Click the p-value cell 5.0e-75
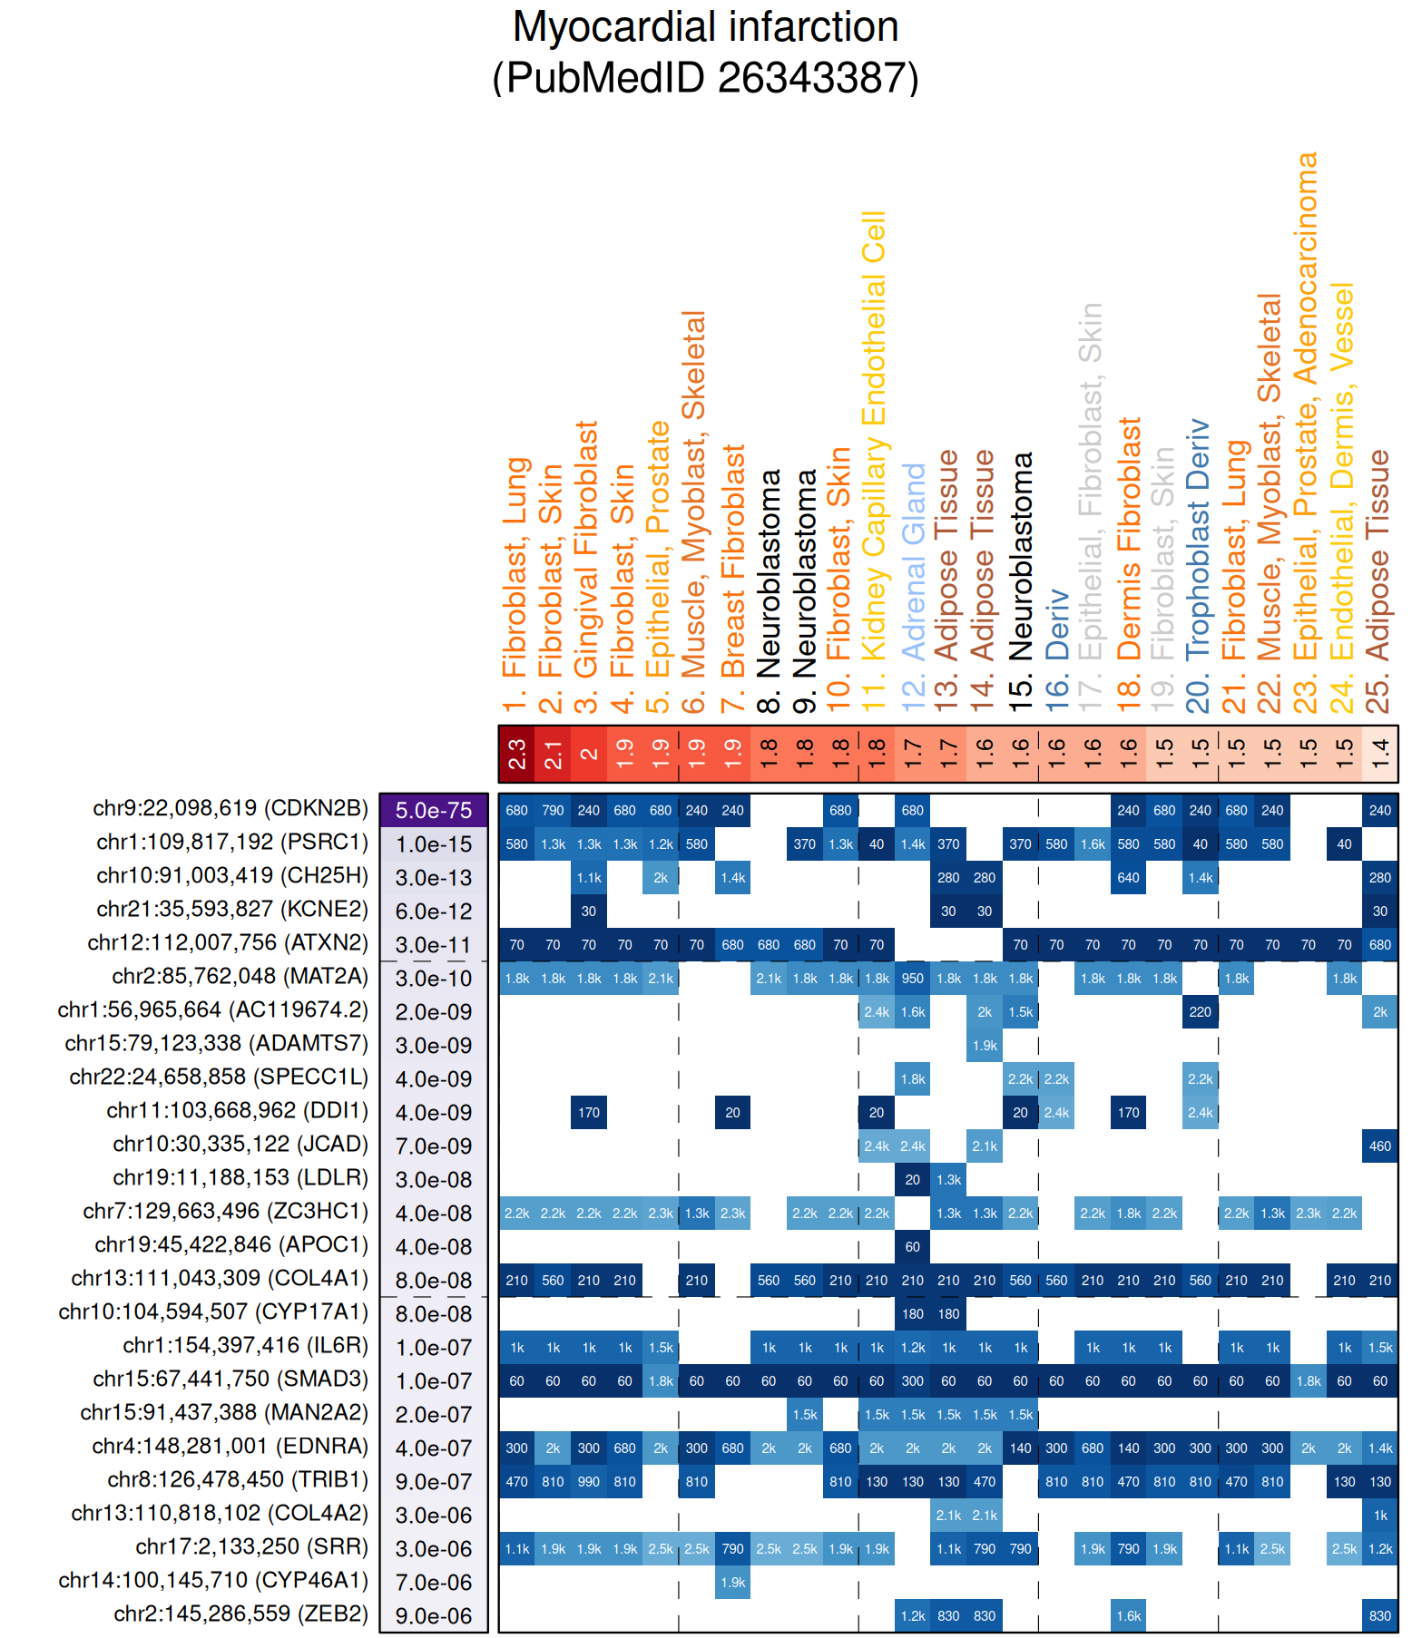434,810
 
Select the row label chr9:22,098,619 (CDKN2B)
230,808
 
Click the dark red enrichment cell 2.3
516,754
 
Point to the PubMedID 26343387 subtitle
705,77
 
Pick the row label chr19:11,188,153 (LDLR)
240,1177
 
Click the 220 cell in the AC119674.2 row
1200,1012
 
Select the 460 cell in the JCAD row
1379,1146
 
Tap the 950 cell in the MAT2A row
912,979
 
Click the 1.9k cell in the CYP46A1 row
732,1583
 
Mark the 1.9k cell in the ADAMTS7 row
985,1046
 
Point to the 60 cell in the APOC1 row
912,1247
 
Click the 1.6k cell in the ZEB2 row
1128,1616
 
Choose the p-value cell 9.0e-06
434,1616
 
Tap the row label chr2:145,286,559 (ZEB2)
240,1614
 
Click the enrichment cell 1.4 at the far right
1379,754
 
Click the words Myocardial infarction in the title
705,27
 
